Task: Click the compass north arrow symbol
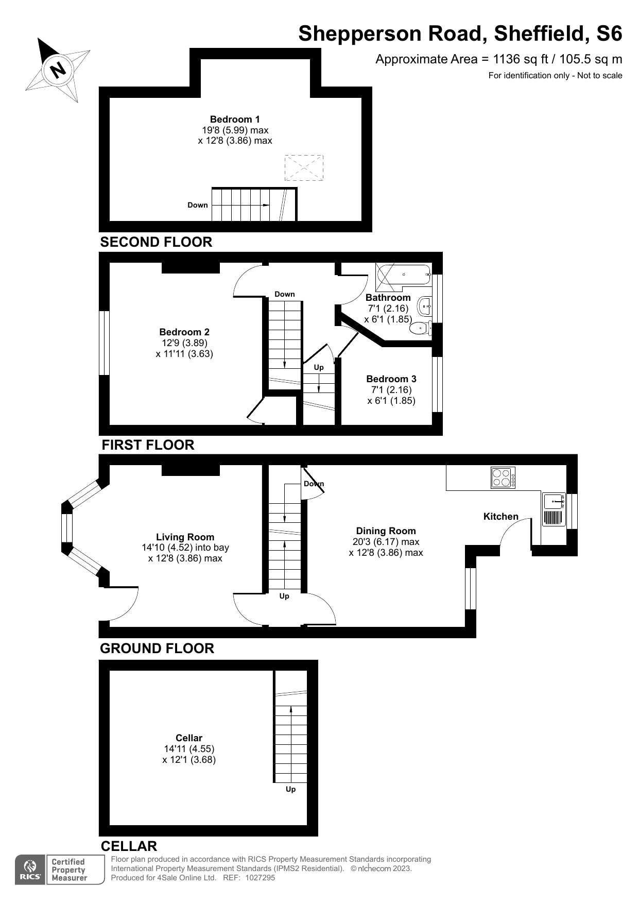[58, 70]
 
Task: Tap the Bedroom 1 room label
[235, 119]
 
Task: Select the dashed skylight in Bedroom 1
[304, 168]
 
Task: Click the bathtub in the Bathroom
[403, 275]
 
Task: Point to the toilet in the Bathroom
[422, 328]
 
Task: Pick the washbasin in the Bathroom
[424, 306]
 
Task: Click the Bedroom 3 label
[391, 379]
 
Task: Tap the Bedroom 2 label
[184, 332]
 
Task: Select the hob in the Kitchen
[503, 477]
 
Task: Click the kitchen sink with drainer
[554, 509]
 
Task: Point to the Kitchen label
[500, 517]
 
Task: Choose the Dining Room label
[386, 531]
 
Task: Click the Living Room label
[185, 537]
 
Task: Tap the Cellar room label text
[189, 738]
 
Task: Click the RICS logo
[30, 870]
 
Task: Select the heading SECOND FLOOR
[156, 242]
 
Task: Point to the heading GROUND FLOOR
[157, 649]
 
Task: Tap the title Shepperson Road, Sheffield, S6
[460, 34]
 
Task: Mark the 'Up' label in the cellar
[291, 789]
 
